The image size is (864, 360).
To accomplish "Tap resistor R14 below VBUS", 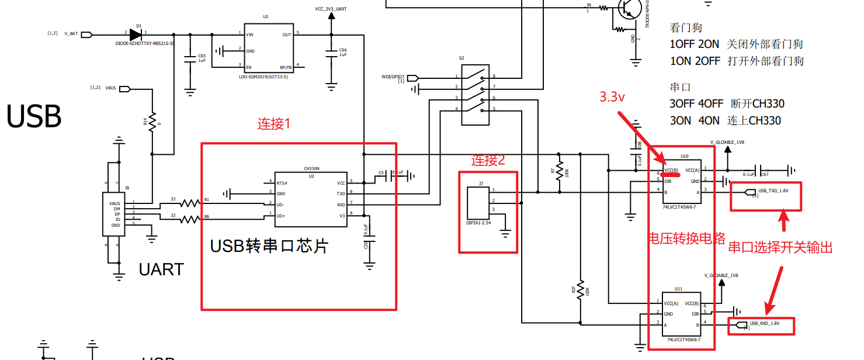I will (x=152, y=122).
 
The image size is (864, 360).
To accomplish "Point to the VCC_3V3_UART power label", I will (x=331, y=9).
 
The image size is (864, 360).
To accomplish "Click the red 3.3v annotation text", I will (x=612, y=98).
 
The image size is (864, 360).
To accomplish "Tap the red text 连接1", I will (x=274, y=124).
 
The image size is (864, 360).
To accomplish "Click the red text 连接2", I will (x=487, y=161).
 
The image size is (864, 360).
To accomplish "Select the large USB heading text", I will (x=34, y=117).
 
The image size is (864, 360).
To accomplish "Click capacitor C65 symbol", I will (x=190, y=58).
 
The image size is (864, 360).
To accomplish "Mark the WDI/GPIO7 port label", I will (x=401, y=77).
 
